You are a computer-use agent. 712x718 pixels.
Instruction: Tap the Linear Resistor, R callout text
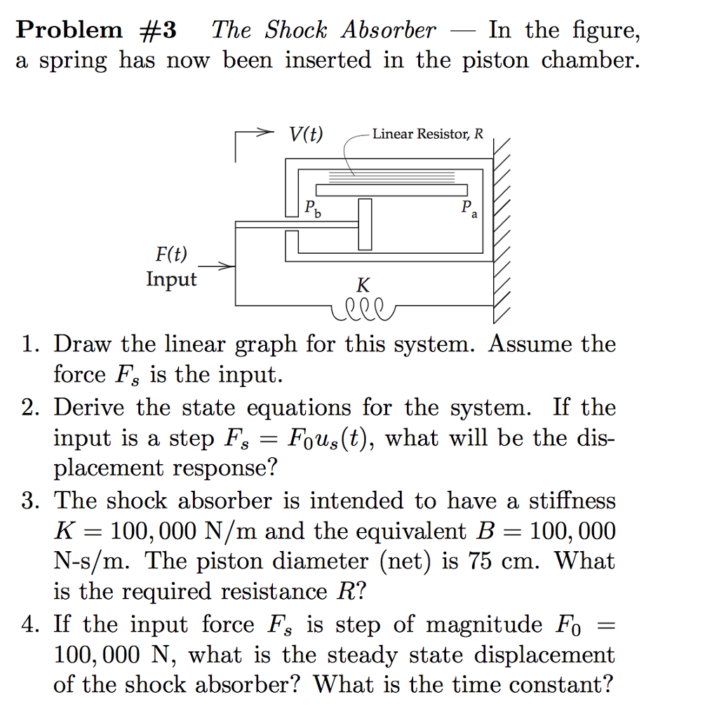click(428, 133)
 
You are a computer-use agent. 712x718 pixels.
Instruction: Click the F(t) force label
click(171, 254)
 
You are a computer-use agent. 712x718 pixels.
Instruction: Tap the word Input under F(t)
click(171, 279)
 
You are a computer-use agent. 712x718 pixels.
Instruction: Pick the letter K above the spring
click(363, 285)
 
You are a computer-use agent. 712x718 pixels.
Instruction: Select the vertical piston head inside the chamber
click(365, 224)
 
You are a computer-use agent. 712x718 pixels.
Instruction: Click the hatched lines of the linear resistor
click(393, 174)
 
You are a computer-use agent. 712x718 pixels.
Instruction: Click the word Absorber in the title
click(389, 30)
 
